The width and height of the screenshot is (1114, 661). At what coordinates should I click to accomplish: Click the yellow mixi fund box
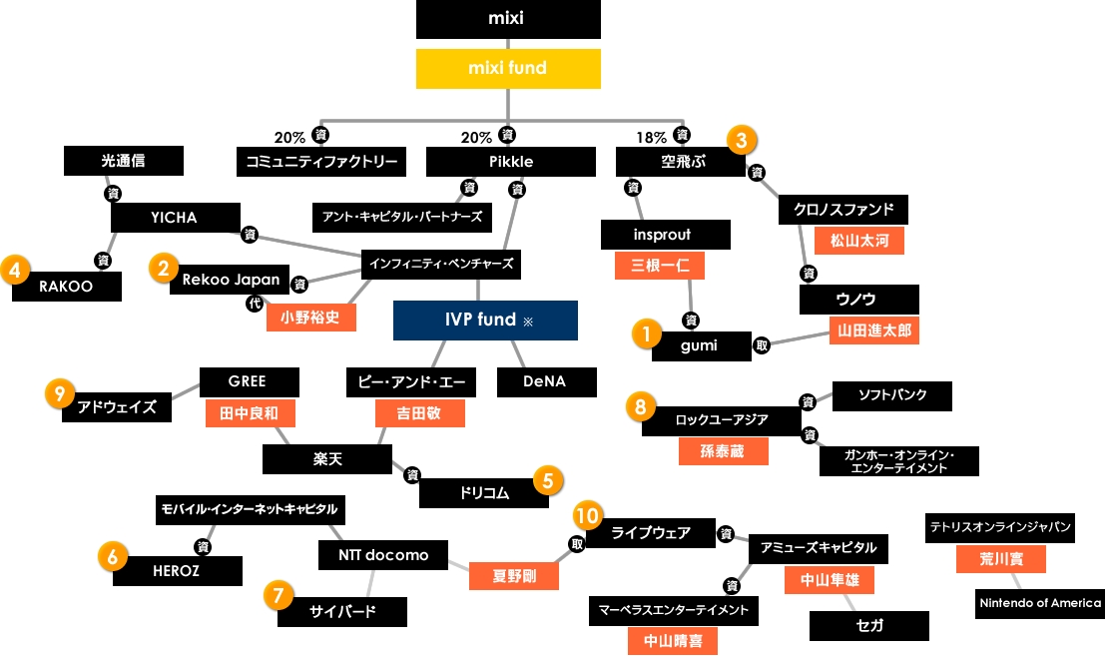508,68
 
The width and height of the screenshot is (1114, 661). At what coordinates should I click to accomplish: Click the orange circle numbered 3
740,140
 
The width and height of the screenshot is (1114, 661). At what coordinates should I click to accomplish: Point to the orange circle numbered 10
588,515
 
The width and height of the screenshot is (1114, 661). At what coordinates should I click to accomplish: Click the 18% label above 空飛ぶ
651,138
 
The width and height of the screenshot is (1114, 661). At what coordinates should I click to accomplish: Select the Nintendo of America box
1040,603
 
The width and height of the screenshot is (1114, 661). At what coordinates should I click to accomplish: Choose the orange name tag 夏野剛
514,576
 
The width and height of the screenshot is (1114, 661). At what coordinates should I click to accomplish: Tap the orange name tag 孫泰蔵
724,450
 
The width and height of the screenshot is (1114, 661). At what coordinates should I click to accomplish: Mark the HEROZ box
177,570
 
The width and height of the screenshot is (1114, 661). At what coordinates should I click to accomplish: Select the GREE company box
248,381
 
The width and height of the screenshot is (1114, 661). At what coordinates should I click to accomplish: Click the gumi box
701,345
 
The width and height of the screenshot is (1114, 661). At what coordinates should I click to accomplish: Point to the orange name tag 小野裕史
310,317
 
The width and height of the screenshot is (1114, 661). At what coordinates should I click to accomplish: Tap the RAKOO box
66,286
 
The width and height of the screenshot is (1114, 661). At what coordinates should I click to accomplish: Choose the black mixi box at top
508,19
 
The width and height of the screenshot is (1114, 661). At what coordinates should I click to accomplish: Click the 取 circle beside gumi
762,345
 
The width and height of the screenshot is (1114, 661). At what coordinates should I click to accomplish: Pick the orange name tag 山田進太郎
873,330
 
